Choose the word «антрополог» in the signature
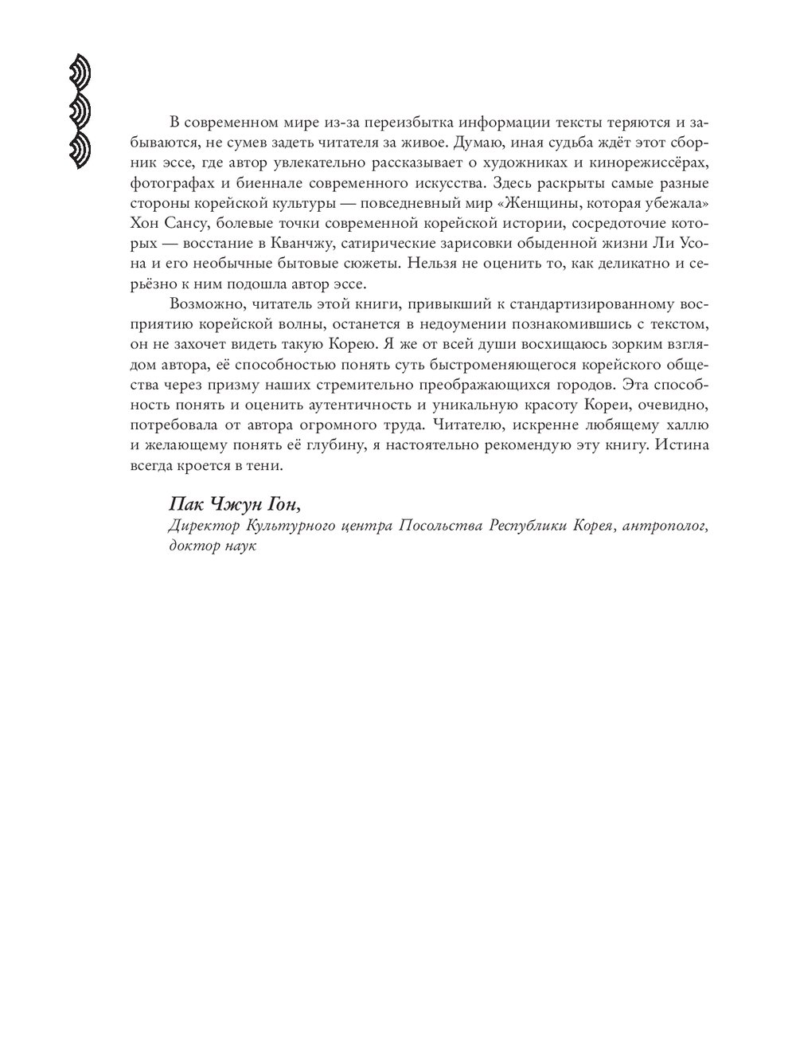coord(667,526)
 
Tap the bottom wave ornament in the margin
coord(79,150)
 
